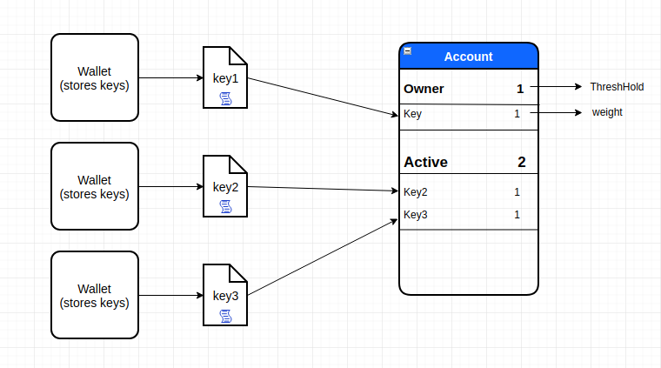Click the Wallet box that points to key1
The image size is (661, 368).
pos(94,77)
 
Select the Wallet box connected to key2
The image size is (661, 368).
pos(94,186)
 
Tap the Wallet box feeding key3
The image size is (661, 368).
pos(94,295)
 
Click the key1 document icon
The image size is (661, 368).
pos(225,78)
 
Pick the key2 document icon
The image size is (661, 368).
pos(225,187)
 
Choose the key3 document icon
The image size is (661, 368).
pos(225,296)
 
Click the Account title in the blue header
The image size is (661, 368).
pos(468,57)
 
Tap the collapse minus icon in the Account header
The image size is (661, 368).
pos(408,51)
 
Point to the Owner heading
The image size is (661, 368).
pos(424,89)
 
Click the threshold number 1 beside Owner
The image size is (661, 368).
pos(520,89)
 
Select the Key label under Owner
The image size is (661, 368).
pos(413,114)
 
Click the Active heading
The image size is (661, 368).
pos(425,162)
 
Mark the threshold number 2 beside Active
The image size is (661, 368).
pos(521,162)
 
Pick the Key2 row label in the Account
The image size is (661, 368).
pos(416,192)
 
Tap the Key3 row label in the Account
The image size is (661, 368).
pos(416,215)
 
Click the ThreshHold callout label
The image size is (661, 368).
pos(617,87)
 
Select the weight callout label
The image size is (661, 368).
pos(607,112)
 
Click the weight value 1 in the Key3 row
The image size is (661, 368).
pos(517,215)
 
